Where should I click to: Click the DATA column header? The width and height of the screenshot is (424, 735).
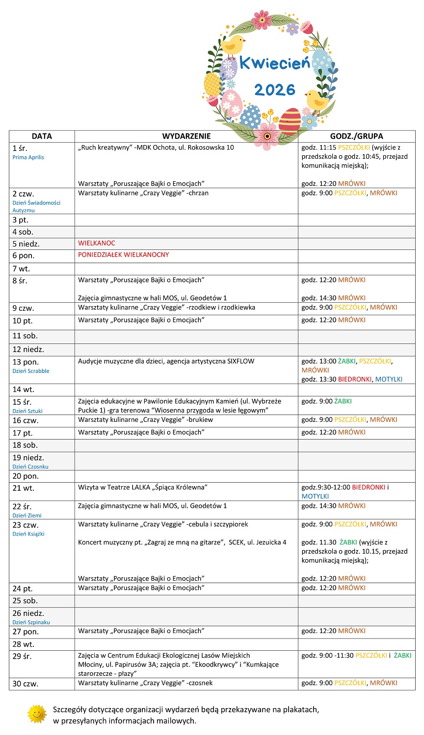coord(42,136)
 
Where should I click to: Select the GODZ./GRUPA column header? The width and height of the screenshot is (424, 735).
coord(356,136)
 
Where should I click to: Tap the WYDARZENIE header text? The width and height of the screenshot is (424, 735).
coord(186,136)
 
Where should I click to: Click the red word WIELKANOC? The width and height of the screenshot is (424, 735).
coord(97,243)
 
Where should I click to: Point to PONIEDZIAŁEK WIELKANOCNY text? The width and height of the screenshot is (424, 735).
coord(123,255)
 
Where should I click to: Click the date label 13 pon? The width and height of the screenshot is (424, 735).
coord(26,362)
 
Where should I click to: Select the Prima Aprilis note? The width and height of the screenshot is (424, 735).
coord(28,157)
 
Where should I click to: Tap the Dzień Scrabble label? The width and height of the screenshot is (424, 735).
coord(31,371)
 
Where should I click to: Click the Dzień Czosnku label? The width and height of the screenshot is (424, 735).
coord(30,466)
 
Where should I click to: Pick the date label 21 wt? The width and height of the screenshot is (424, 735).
coord(23,488)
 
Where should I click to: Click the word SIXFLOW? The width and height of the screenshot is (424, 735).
coord(240,361)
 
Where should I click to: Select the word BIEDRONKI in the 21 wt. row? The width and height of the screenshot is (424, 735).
coord(369,488)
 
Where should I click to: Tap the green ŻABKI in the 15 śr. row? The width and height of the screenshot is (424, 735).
coord(343,401)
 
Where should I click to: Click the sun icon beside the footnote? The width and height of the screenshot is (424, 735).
coord(37,714)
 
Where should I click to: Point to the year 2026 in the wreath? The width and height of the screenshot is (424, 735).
coord(275,90)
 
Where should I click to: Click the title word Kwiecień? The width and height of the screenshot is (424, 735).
coord(274,63)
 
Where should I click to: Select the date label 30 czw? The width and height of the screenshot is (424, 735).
coord(26,684)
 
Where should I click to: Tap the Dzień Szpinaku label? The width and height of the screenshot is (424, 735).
coord(31,622)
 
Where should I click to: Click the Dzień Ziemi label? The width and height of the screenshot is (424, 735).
coord(27,515)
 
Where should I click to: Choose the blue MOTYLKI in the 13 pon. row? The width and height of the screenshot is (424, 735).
coord(389,379)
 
